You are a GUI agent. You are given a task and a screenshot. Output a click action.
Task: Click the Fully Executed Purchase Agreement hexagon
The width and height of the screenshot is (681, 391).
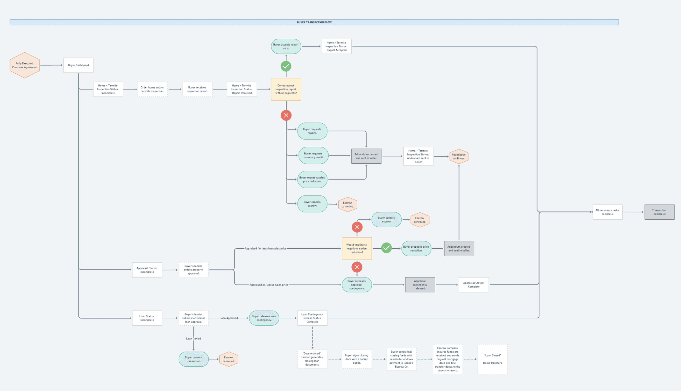click(25, 65)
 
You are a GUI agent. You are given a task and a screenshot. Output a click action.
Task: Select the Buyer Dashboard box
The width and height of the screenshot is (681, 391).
click(78, 65)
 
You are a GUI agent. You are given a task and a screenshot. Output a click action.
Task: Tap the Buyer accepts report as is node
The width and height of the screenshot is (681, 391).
click(286, 46)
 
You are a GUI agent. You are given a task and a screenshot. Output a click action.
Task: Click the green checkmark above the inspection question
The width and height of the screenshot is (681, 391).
click(286, 66)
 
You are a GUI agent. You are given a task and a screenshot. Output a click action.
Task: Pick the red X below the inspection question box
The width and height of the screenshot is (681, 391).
click(286, 115)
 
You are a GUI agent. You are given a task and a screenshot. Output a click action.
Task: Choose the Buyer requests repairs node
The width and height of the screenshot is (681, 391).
click(312, 131)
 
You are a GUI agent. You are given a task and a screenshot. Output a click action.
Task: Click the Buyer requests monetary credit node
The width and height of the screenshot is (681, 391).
click(313, 155)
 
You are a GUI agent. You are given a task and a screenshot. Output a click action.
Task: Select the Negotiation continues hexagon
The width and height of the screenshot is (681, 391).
click(459, 157)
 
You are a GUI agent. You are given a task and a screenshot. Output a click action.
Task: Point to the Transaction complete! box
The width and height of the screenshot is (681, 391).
click(659, 212)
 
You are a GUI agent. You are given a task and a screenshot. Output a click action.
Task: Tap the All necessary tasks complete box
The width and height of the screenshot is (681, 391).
click(607, 212)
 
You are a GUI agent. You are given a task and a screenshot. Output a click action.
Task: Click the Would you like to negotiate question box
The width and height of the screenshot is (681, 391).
click(357, 248)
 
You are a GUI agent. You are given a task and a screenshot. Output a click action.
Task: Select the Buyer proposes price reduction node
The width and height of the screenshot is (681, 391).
click(416, 249)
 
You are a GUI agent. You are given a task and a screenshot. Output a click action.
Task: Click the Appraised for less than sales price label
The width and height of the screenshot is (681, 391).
click(265, 249)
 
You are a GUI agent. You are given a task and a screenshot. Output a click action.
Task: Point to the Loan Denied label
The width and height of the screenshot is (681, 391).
click(193, 339)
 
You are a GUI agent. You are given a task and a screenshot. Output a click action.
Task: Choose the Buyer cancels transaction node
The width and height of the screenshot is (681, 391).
click(193, 359)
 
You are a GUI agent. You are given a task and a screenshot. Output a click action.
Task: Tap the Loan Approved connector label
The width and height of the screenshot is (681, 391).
click(229, 318)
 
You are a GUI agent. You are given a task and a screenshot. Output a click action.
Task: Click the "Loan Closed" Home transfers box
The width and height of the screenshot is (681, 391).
click(492, 359)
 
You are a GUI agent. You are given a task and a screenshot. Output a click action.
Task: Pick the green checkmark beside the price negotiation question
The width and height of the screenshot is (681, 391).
click(386, 248)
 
